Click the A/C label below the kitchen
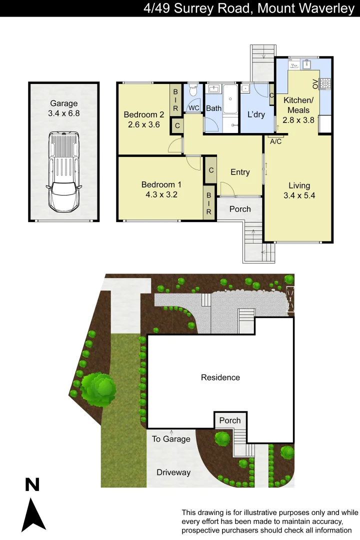pos(275,141)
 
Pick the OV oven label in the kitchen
pos(315,83)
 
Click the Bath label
pos(214,108)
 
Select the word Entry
pos(240,172)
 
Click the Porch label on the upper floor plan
pos(240,209)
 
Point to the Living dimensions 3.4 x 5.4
pos(299,195)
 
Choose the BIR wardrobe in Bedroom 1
pos(209,204)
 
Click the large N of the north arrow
pos(32,484)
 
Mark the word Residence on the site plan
pos(220,377)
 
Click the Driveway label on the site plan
pos(173,472)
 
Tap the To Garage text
pos(171,439)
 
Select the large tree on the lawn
pos(98,388)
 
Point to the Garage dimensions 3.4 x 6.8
pos(64,113)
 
